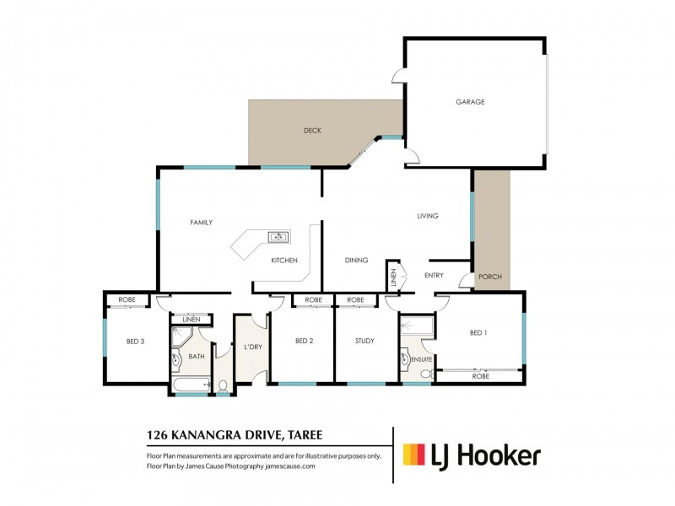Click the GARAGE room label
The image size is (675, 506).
[x=470, y=102]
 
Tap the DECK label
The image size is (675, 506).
[x=312, y=131]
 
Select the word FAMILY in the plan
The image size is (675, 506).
[x=201, y=223]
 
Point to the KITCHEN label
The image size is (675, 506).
[x=283, y=261]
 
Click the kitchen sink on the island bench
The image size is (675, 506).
[x=277, y=237]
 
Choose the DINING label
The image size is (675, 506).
[x=356, y=261]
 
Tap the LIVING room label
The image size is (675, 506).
[x=428, y=217]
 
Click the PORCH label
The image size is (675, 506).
[x=489, y=277]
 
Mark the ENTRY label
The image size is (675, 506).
[x=434, y=275]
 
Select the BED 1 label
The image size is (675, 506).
[x=478, y=333]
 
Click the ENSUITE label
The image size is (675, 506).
[x=422, y=359]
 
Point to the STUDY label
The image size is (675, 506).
[x=364, y=341]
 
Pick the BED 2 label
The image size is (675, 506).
[x=305, y=341]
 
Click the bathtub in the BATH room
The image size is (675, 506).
[x=190, y=386]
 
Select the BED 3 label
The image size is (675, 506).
[x=136, y=341]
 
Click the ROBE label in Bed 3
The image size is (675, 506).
[x=127, y=299]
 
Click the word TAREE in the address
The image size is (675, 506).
[x=302, y=436]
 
